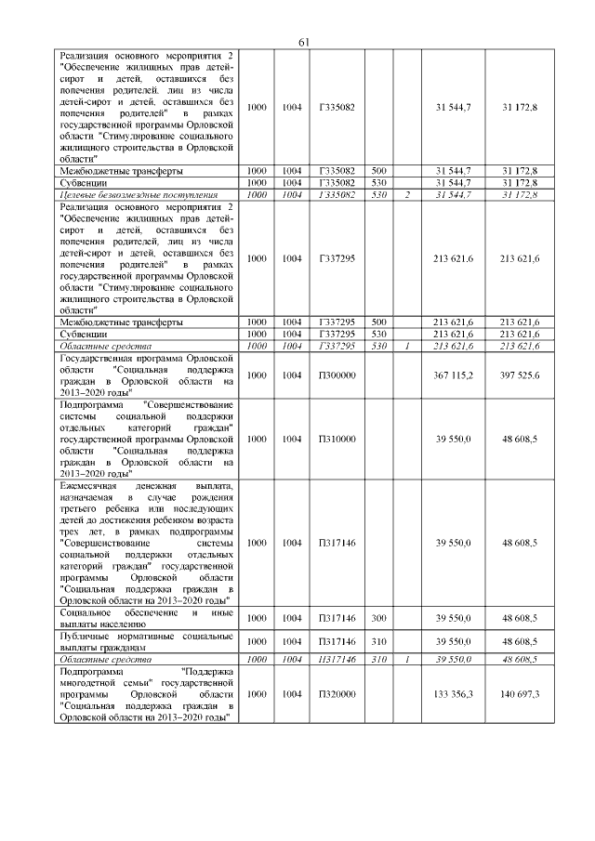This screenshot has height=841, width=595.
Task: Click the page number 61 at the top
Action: [304, 43]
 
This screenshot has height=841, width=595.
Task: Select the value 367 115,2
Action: [453, 375]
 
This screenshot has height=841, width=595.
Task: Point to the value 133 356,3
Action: [453, 694]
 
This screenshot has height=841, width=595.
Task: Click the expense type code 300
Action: [378, 618]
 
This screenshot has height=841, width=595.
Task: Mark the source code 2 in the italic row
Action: [407, 195]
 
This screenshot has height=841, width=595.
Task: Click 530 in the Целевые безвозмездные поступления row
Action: [378, 195]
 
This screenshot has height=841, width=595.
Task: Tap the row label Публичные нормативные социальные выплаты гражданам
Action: [144, 641]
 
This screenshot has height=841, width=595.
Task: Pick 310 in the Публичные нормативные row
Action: [378, 641]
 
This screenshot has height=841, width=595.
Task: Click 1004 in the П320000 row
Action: [292, 694]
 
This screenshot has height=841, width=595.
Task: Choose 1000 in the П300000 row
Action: [257, 375]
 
